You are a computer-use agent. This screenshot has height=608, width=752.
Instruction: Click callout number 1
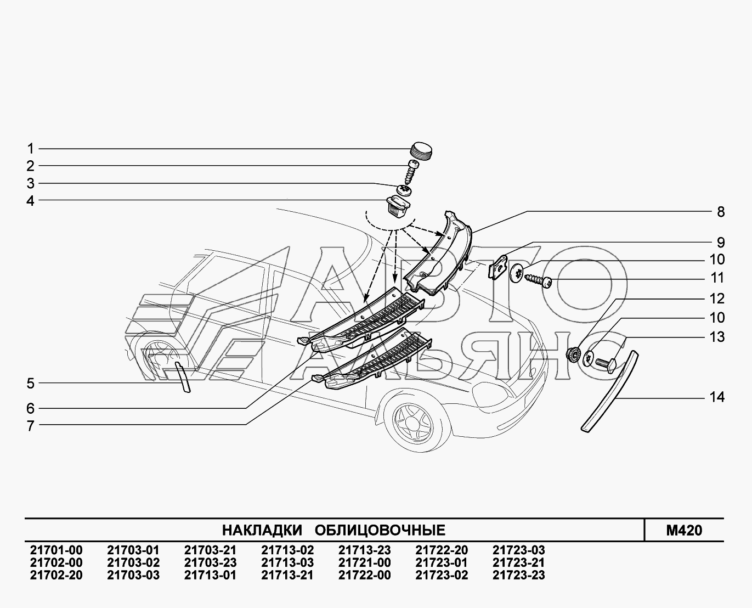(31, 149)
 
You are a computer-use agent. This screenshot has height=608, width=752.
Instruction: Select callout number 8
(721, 212)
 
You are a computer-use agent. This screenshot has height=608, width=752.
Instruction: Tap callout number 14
(717, 397)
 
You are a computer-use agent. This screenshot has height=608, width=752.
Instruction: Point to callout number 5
(31, 383)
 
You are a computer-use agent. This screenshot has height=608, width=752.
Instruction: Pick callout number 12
(717, 299)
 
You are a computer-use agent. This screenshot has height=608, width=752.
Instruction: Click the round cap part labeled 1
(421, 150)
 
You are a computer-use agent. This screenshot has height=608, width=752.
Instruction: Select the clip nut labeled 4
(398, 207)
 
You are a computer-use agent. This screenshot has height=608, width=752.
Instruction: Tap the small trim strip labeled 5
(182, 377)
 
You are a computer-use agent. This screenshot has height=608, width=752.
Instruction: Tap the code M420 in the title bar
(683, 531)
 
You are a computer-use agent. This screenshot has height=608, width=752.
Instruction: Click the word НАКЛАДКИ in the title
(262, 531)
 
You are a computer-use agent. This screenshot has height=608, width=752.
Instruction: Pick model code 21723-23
(518, 576)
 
